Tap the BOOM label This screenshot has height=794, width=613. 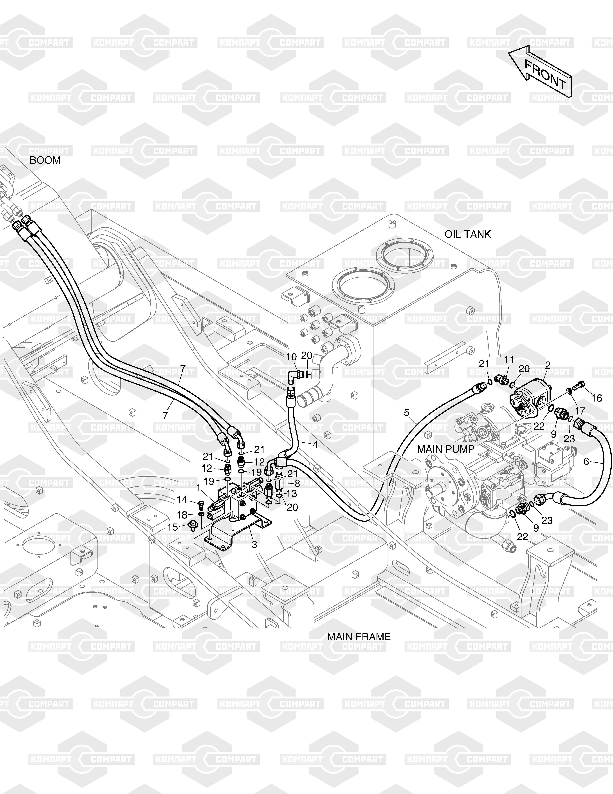(x=45, y=160)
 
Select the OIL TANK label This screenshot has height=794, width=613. (x=467, y=234)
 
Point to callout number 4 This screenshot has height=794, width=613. (x=315, y=445)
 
